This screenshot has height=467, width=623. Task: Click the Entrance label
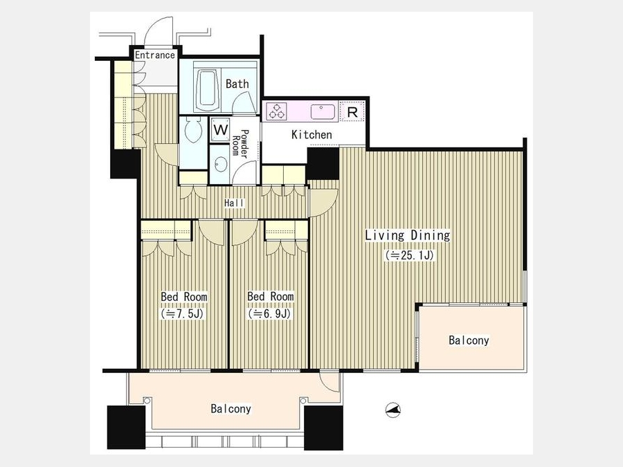155,55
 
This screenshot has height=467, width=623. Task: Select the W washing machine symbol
221,129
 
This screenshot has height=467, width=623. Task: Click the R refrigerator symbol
352,112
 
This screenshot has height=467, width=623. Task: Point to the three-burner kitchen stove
276,111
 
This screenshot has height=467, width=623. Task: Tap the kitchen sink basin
322,111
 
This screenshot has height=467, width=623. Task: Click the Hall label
235,203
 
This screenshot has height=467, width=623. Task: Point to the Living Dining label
408,235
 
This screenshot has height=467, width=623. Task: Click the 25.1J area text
409,255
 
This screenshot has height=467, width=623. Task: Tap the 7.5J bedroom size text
182,313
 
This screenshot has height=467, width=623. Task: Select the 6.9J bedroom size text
270,313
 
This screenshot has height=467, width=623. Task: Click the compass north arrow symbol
393,410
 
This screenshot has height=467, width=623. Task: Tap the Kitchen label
311,135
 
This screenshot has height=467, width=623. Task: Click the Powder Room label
240,143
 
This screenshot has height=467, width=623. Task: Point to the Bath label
237,84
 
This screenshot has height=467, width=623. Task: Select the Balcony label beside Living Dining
469,340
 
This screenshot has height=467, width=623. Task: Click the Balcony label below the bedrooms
231,409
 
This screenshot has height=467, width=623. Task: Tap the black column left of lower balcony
127,428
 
